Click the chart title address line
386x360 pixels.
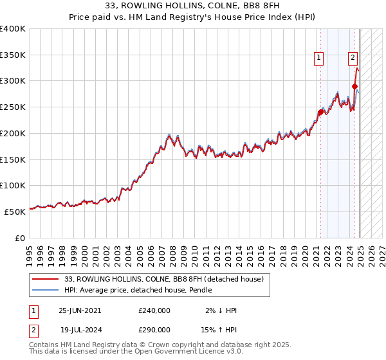(x=192, y=6)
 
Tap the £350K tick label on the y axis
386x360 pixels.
(x=12, y=55)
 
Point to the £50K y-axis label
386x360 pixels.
(x=14, y=212)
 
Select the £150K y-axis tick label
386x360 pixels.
(x=12, y=159)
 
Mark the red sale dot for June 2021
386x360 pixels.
(x=320, y=113)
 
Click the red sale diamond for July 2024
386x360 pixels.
(x=354, y=87)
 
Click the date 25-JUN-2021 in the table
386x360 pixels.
(x=80, y=310)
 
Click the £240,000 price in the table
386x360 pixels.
(x=154, y=310)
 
